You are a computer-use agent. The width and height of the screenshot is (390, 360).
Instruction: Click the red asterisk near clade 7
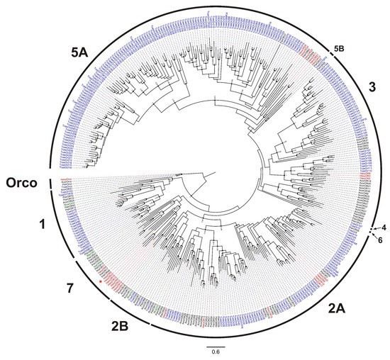(101, 282)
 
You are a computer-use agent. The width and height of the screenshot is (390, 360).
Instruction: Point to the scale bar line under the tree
(216, 347)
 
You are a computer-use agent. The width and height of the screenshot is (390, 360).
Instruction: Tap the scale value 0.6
(216, 354)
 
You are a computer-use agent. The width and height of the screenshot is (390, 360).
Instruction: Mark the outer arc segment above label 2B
(128, 313)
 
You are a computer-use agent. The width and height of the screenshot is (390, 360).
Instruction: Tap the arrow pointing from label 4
(373, 228)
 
